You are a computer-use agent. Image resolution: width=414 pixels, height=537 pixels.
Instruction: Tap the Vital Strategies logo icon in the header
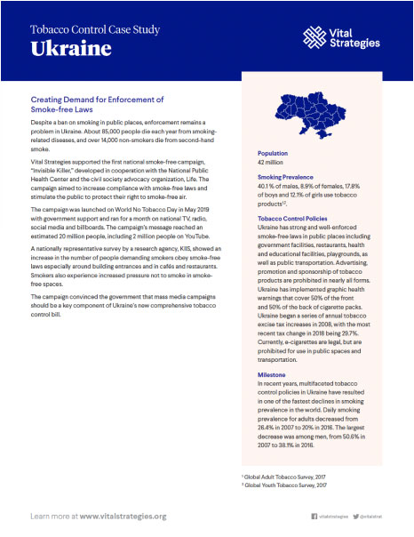315,36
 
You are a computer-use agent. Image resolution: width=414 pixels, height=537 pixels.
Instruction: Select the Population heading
273,153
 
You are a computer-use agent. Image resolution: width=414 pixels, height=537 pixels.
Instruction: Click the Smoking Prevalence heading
287,178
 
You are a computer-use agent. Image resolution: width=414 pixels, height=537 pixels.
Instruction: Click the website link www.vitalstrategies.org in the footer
123,516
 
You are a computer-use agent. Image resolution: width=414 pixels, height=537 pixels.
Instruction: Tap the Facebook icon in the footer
314,516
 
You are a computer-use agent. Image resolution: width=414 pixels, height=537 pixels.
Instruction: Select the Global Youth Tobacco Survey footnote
285,485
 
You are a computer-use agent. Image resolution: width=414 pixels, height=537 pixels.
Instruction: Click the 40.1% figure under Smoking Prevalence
266,187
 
